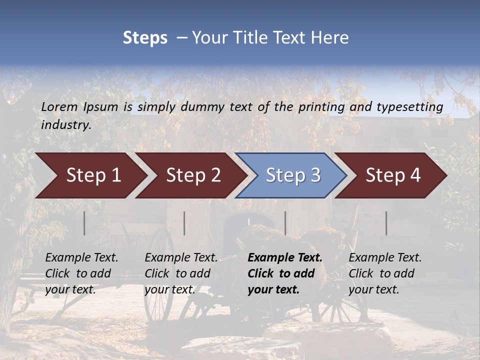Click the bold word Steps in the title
pos(145,38)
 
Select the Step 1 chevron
pos(90,175)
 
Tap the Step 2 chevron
pos(190,175)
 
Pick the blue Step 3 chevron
pos(291,175)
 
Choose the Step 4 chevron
pos(391,175)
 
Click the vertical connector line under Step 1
pos(84,223)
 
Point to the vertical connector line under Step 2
pos(184,223)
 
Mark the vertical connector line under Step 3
pos(285,223)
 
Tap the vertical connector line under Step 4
pos(386,223)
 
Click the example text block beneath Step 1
pos(81,273)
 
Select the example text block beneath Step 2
pos(181,273)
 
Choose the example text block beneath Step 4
pos(385,273)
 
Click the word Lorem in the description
pos(59,107)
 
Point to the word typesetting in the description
pos(409,107)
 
